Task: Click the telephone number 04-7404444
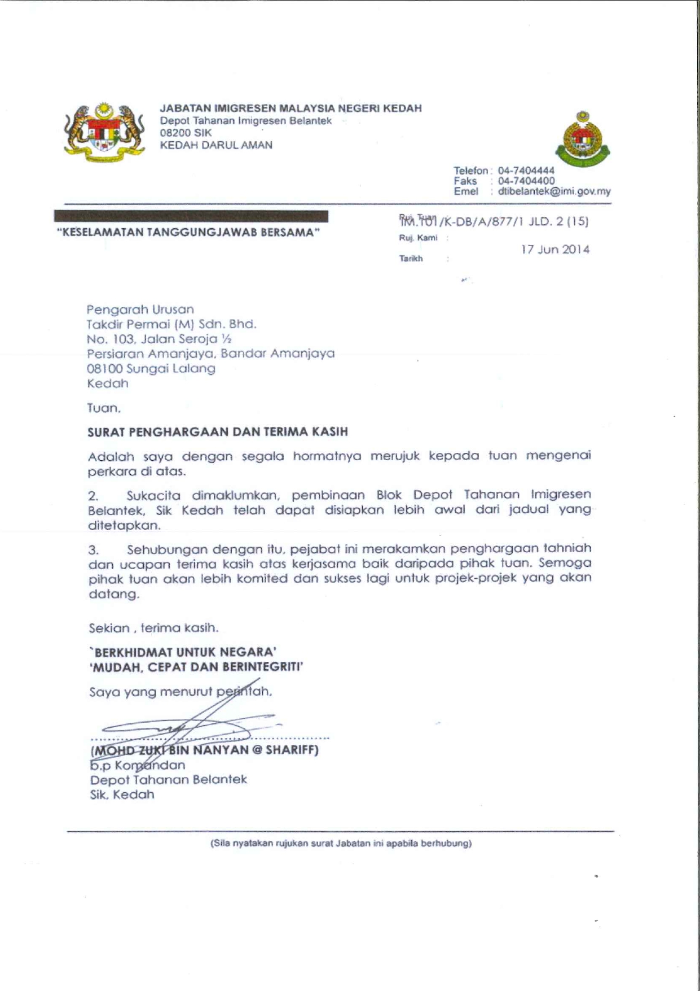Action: click(x=526, y=171)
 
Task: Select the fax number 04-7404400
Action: click(x=526, y=181)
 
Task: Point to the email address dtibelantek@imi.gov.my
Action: click(x=554, y=191)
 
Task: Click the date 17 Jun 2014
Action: click(x=555, y=250)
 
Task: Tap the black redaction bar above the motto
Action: click(x=191, y=216)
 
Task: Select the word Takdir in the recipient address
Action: click(x=104, y=324)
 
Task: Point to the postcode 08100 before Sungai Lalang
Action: click(x=104, y=369)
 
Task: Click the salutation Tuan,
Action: click(x=104, y=407)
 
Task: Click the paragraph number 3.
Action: click(x=94, y=550)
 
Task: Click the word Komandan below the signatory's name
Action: click(x=150, y=766)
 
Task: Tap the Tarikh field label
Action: click(x=411, y=259)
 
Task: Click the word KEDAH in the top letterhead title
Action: click(x=402, y=108)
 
